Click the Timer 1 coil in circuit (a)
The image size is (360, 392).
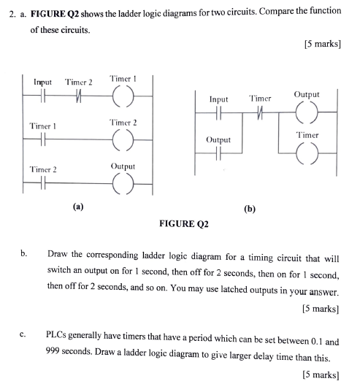point(123,95)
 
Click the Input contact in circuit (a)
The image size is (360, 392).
point(43,95)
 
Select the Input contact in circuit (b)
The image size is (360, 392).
point(218,113)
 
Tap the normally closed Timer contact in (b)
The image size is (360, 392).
point(259,113)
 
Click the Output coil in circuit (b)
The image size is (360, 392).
point(306,113)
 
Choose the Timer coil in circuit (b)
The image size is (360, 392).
point(306,153)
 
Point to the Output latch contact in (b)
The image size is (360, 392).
point(218,153)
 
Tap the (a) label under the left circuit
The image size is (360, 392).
point(78,207)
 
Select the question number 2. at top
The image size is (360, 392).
point(9,14)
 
